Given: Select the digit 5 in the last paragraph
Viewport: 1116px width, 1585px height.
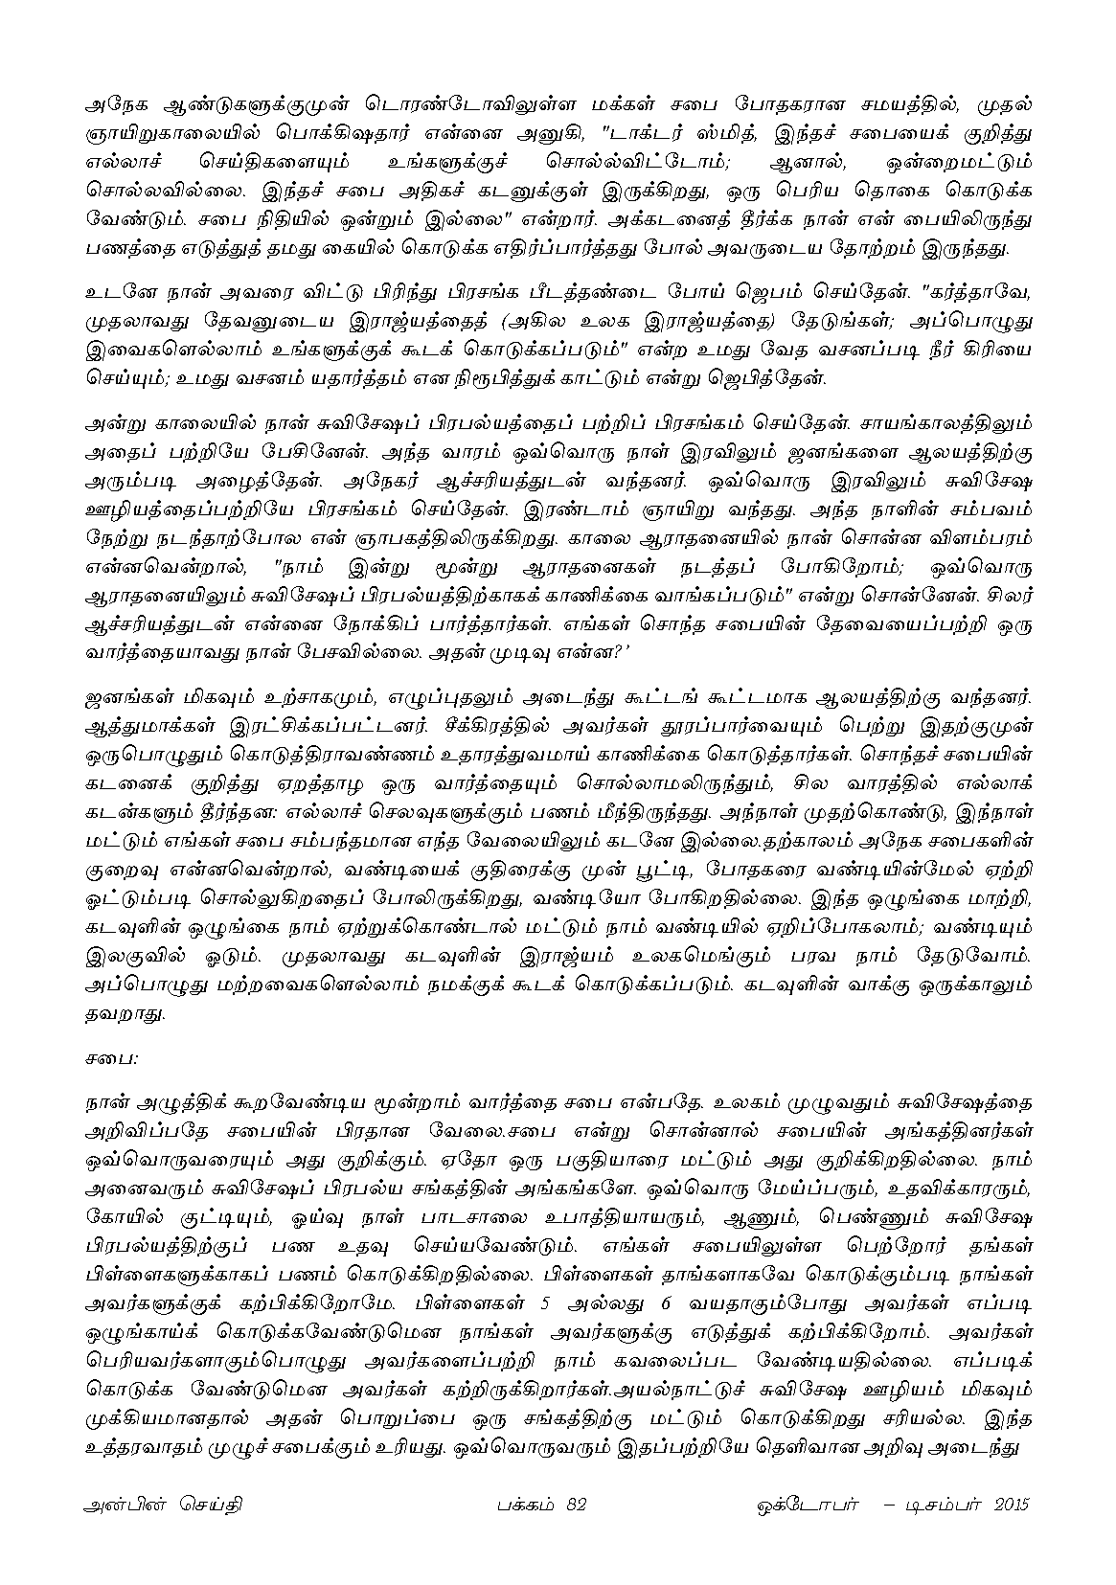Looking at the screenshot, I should (546, 1305).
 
